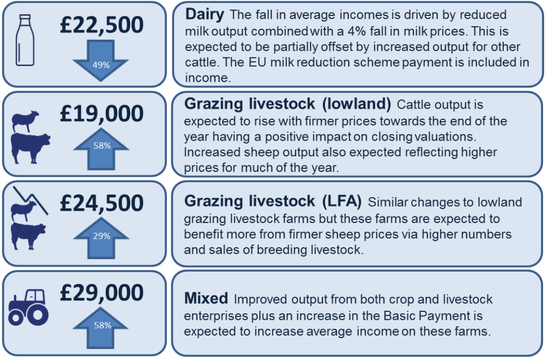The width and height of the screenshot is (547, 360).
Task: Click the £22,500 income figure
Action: pyautogui.click(x=101, y=25)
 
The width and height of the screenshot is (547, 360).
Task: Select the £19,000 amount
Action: pyautogui.click(x=101, y=114)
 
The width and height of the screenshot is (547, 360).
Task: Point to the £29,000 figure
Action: pyautogui.click(x=101, y=293)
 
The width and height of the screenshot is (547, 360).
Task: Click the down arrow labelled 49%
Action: pyautogui.click(x=101, y=60)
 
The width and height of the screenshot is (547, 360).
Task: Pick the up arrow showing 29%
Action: pyautogui.click(x=101, y=238)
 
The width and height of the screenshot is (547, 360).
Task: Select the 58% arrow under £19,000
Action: pyautogui.click(x=101, y=149)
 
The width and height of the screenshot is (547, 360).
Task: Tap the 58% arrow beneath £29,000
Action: pyautogui.click(x=100, y=328)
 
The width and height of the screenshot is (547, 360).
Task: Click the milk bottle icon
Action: pyautogui.click(x=25, y=40)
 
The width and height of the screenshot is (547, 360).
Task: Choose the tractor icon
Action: pyautogui.click(x=29, y=307)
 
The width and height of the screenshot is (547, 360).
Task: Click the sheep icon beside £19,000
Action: pyautogui.click(x=25, y=121)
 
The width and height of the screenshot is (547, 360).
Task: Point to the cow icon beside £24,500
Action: pyautogui.click(x=28, y=236)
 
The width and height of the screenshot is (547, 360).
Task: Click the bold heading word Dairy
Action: pyautogui.click(x=205, y=14)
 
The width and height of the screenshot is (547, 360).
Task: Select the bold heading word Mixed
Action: pyautogui.click(x=206, y=298)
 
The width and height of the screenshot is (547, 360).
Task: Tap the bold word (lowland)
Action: pyautogui.click(x=356, y=104)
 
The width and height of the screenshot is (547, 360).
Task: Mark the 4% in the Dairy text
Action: pyautogui.click(x=357, y=31)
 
